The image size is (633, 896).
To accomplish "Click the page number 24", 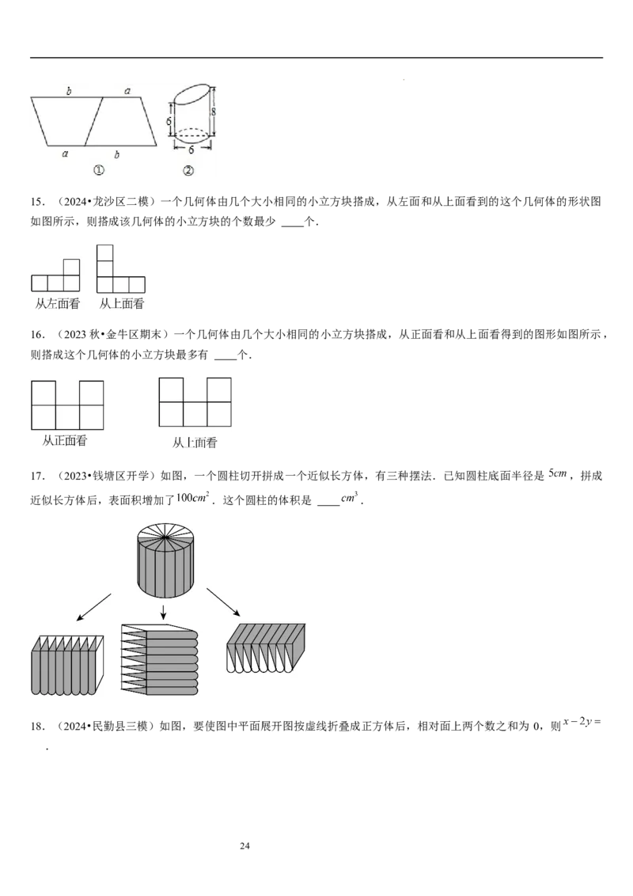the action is click(244, 845).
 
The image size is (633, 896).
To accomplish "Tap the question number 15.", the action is click(37, 201).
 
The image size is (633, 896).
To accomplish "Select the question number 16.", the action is click(37, 334).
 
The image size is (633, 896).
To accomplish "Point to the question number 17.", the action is click(37, 476).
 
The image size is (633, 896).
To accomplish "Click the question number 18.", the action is click(37, 727).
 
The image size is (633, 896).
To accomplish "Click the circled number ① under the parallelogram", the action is click(98, 170).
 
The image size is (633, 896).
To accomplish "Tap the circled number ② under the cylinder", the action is click(188, 170).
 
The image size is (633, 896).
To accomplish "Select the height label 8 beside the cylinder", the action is click(214, 112).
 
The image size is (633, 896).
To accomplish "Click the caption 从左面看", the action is click(58, 303).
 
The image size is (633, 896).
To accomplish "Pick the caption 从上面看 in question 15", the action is click(122, 303).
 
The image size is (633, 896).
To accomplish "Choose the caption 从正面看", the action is click(65, 441).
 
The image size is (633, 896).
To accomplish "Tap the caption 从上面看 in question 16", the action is click(195, 442).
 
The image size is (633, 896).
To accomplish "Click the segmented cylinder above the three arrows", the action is click(165, 562).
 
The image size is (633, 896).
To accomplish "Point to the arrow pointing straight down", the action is click(163, 612).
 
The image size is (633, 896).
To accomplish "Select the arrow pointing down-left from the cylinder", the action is click(93, 607).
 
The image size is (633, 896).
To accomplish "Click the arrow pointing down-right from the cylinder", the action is click(223, 602).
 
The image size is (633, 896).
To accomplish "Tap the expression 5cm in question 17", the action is click(558, 473).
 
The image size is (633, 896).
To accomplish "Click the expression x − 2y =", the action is click(582, 722).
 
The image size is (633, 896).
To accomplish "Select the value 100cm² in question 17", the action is click(192, 497).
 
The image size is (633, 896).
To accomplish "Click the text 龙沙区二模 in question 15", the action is click(120, 201).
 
